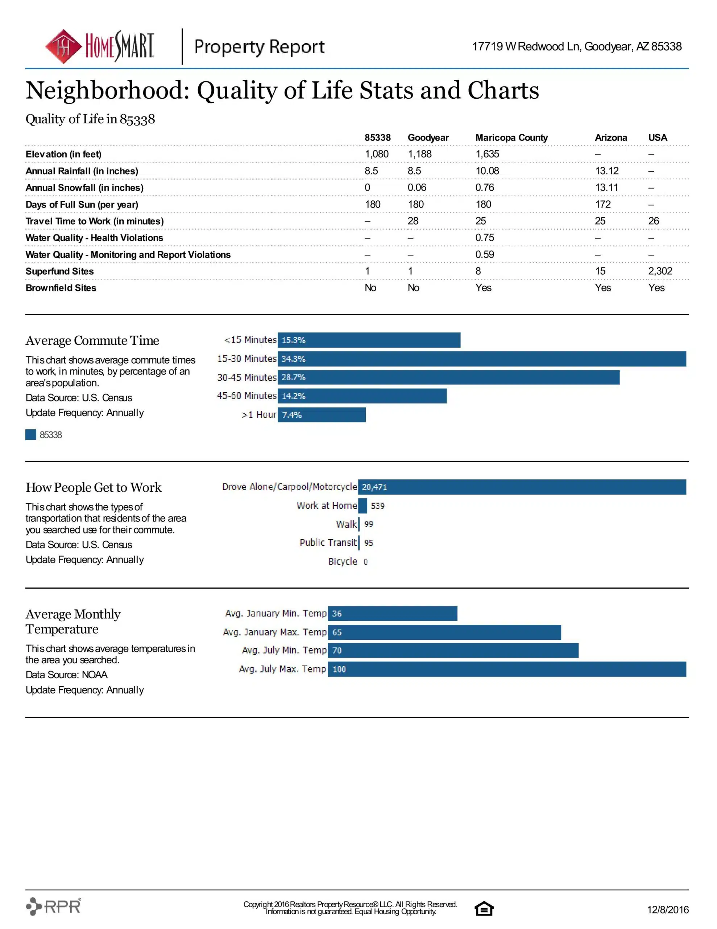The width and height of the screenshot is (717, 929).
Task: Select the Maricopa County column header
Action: (x=511, y=138)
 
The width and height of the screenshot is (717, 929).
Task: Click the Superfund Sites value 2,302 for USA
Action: (x=660, y=271)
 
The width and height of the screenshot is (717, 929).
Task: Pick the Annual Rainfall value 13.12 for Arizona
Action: (x=606, y=171)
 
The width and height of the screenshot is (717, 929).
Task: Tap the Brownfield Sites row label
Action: (x=61, y=288)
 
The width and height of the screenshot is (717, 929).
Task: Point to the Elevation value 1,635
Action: (x=487, y=154)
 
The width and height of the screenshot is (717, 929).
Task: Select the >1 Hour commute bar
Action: (x=322, y=415)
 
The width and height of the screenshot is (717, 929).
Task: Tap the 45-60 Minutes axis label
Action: (x=246, y=396)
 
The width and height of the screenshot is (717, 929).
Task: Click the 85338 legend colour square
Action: (x=30, y=434)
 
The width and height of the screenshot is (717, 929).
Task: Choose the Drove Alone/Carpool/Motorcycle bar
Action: (x=522, y=487)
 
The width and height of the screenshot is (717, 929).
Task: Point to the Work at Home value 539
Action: (x=377, y=506)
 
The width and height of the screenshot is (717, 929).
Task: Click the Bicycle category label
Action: (x=343, y=561)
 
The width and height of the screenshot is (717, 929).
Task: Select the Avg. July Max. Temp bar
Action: (x=507, y=669)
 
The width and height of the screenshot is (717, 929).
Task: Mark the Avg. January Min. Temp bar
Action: (x=392, y=613)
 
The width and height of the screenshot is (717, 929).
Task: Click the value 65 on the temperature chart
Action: (x=337, y=633)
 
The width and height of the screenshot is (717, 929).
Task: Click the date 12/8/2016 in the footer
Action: (x=667, y=909)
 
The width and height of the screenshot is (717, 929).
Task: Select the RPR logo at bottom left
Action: (x=54, y=906)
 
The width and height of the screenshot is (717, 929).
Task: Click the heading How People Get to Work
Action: (x=94, y=487)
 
